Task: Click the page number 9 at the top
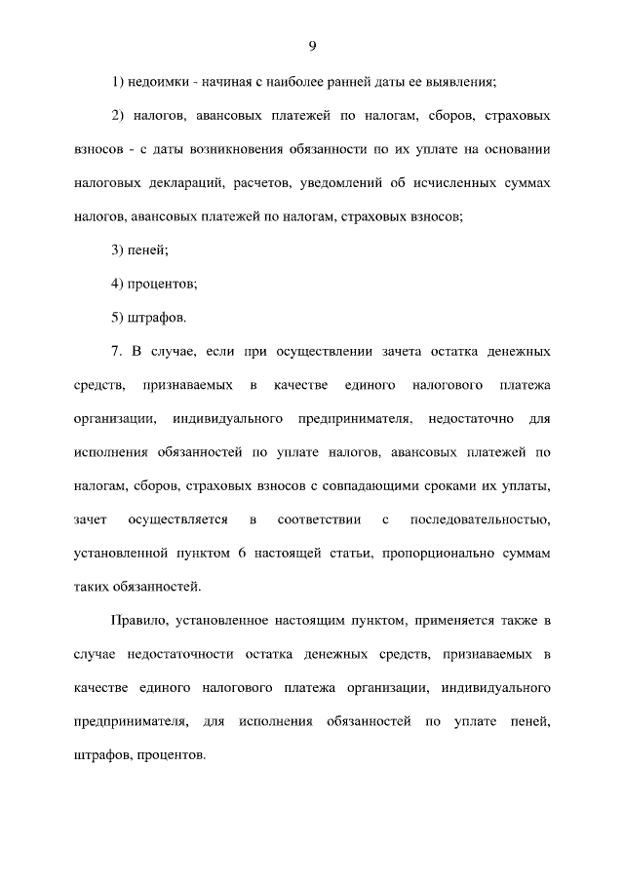(x=312, y=46)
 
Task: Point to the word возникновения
(x=241, y=150)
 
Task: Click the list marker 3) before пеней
(x=118, y=250)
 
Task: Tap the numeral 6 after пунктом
(x=239, y=553)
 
